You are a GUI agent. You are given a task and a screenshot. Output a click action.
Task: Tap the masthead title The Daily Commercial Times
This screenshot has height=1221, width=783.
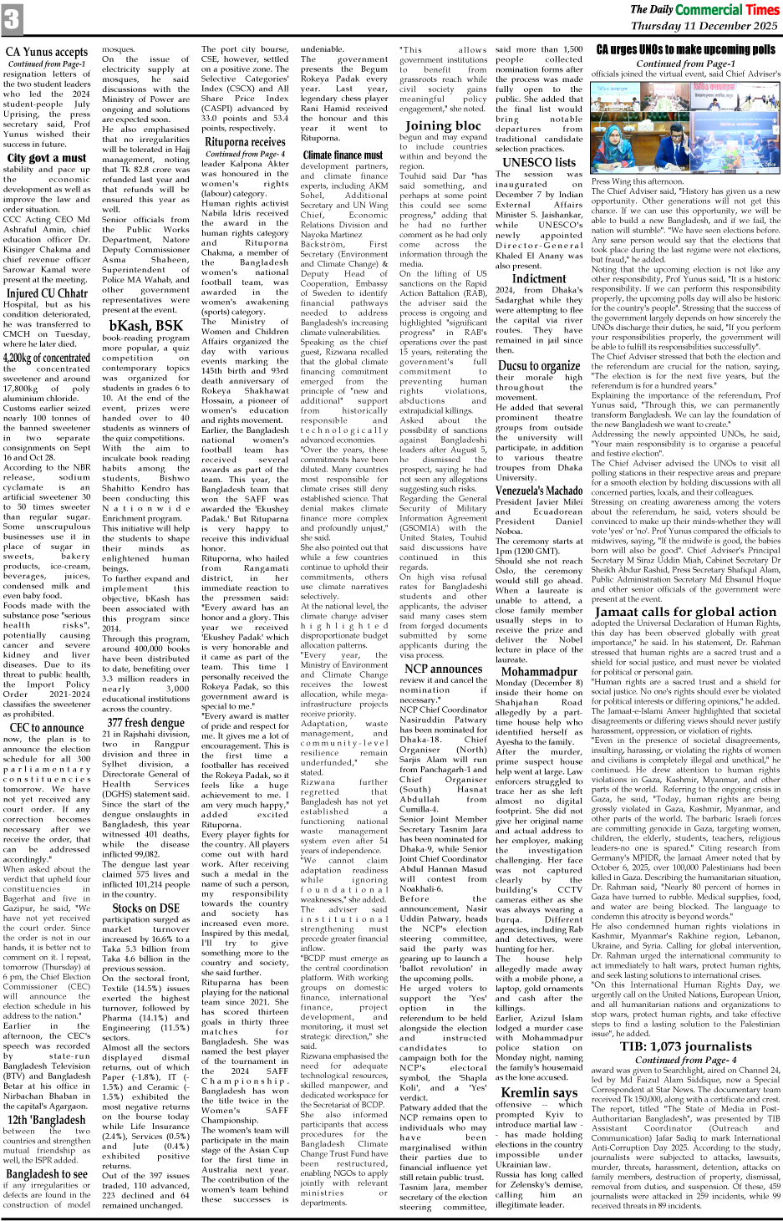click(704, 9)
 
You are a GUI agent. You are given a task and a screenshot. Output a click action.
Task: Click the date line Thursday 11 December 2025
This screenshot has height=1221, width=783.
click(704, 26)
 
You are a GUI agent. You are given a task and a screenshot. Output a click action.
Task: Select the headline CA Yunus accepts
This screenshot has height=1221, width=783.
click(47, 52)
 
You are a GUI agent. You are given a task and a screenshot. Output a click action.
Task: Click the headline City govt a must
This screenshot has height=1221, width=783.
click(47, 157)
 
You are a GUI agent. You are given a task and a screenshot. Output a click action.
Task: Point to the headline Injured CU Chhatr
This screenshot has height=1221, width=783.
click(47, 293)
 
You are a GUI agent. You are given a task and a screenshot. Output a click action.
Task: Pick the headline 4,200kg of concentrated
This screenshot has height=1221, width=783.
click(47, 358)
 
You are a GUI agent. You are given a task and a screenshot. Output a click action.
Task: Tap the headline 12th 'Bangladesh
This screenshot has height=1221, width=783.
click(47, 1119)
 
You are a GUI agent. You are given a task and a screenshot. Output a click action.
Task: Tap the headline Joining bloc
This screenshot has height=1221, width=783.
click(443, 125)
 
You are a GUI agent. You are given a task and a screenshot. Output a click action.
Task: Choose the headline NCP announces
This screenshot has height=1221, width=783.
click(443, 668)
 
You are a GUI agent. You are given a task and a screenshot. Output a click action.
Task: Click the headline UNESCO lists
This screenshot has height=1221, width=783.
click(539, 162)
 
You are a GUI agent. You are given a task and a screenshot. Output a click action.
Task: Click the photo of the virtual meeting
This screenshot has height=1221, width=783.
click(685, 129)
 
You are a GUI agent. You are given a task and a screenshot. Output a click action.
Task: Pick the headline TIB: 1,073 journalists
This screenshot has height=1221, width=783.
click(685, 1045)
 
